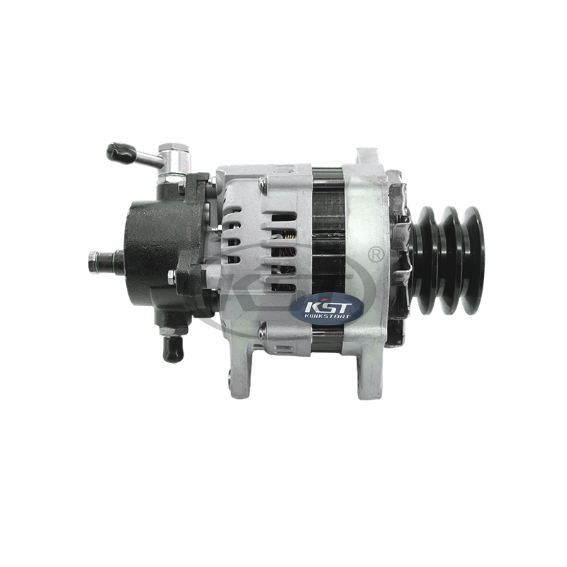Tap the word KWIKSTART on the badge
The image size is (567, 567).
point(327,317)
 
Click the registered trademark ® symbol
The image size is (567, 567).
point(376,254)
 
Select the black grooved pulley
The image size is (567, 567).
point(449,260)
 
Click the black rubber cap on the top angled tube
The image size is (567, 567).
point(121,153)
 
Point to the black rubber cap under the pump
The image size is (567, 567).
point(173,349)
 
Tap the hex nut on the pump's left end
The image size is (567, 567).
point(93,262)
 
